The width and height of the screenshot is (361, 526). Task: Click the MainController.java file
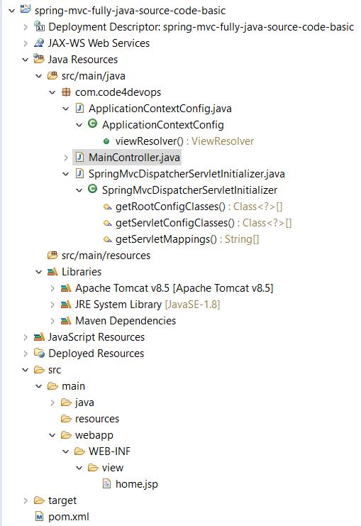[134, 158]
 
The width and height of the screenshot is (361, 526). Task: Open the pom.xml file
[68, 517]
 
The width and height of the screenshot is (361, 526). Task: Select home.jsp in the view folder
[136, 484]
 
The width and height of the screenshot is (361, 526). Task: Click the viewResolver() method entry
[149, 141]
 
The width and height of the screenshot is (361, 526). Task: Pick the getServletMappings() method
[166, 239]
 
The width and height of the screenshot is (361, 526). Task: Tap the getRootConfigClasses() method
[170, 207]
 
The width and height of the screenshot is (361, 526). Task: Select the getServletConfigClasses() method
[175, 223]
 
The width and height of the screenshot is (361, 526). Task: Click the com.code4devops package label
[118, 92]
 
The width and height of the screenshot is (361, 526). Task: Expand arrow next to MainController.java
[66, 158]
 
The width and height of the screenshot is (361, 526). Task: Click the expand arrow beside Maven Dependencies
[52, 321]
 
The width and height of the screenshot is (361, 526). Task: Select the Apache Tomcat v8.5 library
[174, 288]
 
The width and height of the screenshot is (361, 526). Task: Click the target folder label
[62, 500]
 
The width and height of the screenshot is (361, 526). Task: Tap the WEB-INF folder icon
[79, 451]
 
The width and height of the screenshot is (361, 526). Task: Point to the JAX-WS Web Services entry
[99, 43]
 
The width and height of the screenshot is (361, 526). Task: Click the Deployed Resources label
[96, 354]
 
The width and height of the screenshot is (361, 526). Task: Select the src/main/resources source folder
[106, 256]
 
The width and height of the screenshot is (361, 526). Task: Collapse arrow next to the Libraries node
[39, 272]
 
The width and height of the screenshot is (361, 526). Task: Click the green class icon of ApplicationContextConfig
[92, 124]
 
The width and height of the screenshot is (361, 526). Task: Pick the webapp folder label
[94, 435]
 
